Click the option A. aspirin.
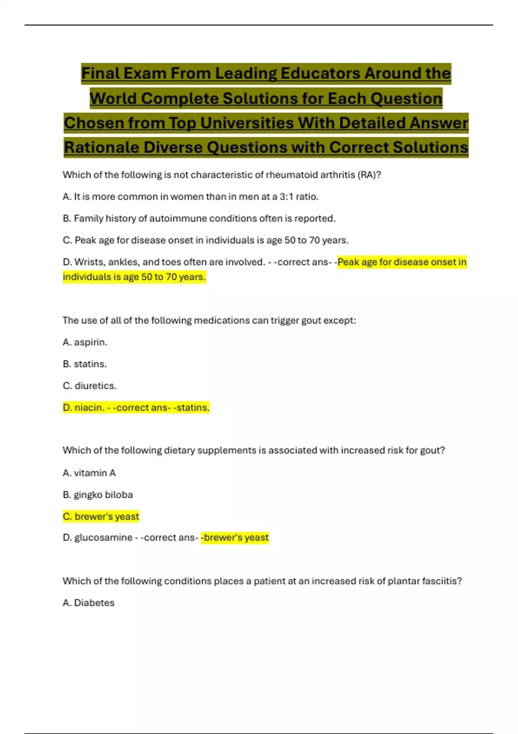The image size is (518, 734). [x=85, y=342]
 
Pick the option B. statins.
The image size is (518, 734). [x=85, y=364]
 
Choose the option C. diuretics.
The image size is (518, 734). [x=89, y=386]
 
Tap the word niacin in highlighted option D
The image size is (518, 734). [x=89, y=408]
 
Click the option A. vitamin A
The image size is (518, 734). [x=89, y=473]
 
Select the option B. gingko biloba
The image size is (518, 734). [x=98, y=495]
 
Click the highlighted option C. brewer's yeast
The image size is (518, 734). [x=101, y=516]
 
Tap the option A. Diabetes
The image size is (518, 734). [x=88, y=603]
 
